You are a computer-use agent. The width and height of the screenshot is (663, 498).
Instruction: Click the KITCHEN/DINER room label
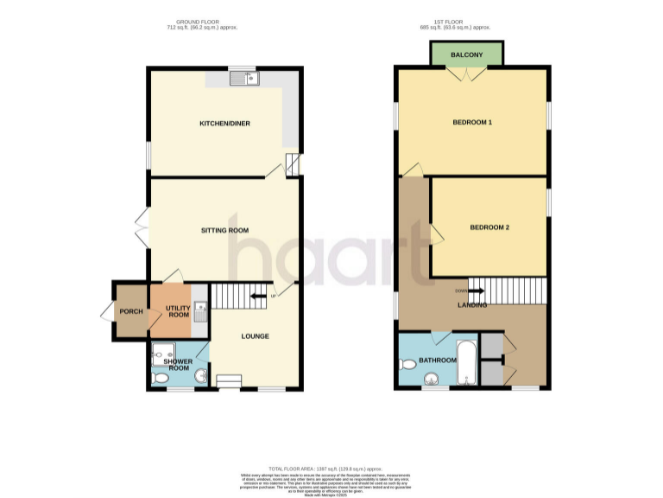224,124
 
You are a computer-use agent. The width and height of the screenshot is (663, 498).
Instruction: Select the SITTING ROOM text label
224,230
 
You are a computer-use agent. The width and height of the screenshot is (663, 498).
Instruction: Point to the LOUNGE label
255,336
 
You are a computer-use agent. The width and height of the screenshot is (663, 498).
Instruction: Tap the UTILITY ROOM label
179,310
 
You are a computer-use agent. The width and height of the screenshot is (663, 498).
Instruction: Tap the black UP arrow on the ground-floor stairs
257,297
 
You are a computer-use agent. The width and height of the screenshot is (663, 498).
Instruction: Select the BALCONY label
467,54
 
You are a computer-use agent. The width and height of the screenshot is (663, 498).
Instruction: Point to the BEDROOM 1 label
472,122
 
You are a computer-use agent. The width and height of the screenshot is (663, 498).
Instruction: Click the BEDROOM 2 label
489,227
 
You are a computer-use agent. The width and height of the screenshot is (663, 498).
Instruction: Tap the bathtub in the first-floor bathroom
466,363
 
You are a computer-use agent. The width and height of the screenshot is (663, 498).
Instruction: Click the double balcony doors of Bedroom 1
467,75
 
